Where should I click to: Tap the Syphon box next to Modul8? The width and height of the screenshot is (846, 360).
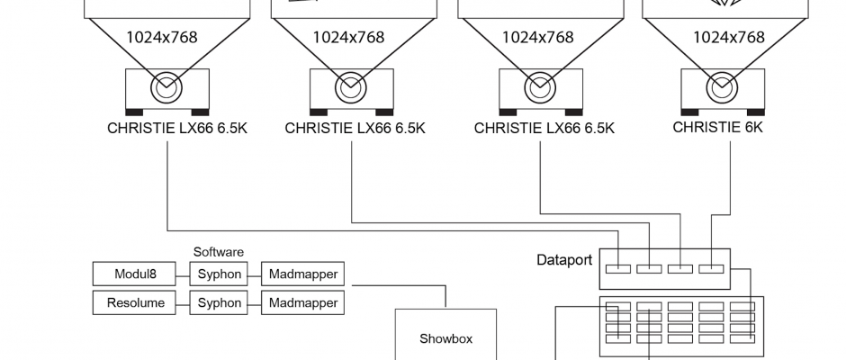pos(220,274)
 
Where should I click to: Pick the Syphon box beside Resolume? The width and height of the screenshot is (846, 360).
pos(220,303)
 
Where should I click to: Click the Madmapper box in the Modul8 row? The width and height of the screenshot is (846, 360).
pos(302,274)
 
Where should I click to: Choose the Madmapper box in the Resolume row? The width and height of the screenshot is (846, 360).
pos(302,303)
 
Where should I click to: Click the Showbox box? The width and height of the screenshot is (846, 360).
pos(445,339)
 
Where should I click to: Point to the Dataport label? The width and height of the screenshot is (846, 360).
pos(564,261)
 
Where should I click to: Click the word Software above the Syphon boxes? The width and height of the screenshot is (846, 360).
pos(219,252)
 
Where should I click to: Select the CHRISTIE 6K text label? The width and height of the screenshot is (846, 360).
pos(717,127)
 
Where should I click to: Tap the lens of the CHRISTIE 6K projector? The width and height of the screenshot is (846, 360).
pos(719,88)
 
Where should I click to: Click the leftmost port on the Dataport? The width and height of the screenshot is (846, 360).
pos(618,268)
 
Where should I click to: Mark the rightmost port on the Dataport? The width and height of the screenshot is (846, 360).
pos(711,268)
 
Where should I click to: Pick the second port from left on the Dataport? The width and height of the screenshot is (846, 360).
pos(649,268)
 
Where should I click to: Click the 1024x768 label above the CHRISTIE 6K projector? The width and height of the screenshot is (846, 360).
pos(728,37)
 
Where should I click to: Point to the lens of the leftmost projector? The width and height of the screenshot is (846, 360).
pos(166,88)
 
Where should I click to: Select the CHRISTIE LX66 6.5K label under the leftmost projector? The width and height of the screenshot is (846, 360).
pos(176,128)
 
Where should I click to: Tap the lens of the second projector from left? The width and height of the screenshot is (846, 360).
pos(350,88)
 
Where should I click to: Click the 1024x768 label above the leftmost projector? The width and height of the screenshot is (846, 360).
pos(162,37)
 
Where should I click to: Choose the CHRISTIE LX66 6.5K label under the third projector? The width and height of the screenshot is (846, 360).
pos(544,128)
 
